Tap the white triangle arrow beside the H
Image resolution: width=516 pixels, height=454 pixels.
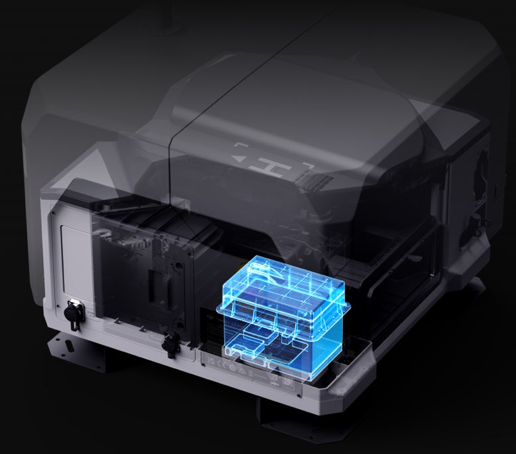(x=240, y=159)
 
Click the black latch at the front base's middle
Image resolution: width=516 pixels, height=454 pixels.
(x=170, y=342)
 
